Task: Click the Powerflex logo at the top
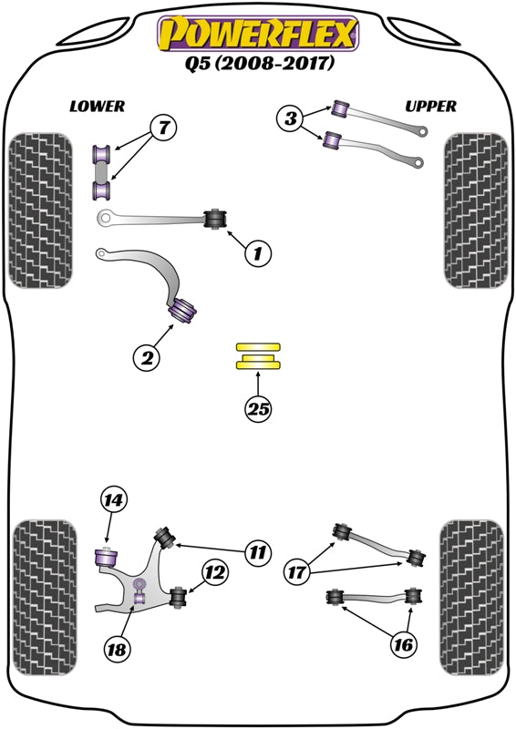pos(258,34)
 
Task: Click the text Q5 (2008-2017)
pos(258,65)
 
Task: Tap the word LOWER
pos(97,107)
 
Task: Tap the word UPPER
pos(430,107)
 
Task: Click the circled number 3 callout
pos(291,118)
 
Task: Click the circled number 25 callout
pos(259,410)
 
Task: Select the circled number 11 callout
pos(258,550)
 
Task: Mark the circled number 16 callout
pos(402,645)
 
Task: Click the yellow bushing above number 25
pos(259,356)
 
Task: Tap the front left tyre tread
pos(40,211)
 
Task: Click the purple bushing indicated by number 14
pos(109,552)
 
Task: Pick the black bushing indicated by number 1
pos(217,219)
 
